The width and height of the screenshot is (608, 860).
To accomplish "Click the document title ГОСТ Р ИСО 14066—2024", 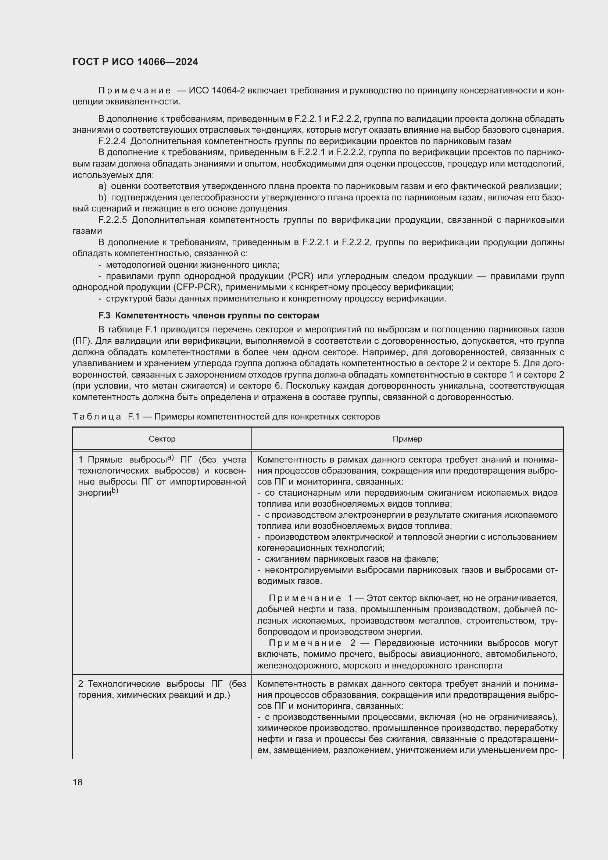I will (135, 62).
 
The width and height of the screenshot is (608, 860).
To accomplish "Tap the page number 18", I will (78, 782).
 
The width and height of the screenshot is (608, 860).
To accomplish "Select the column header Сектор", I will (162, 439).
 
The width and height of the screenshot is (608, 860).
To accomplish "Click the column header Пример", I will (407, 439).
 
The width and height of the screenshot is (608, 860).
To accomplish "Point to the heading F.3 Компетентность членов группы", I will (208, 315).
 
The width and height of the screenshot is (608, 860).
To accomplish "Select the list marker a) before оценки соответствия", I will (102, 186).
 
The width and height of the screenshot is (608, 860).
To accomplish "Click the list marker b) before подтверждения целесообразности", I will (102, 197).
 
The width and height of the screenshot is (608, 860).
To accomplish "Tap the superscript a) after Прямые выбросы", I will (171, 457).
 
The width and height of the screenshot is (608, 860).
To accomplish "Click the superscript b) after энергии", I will (115, 490).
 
